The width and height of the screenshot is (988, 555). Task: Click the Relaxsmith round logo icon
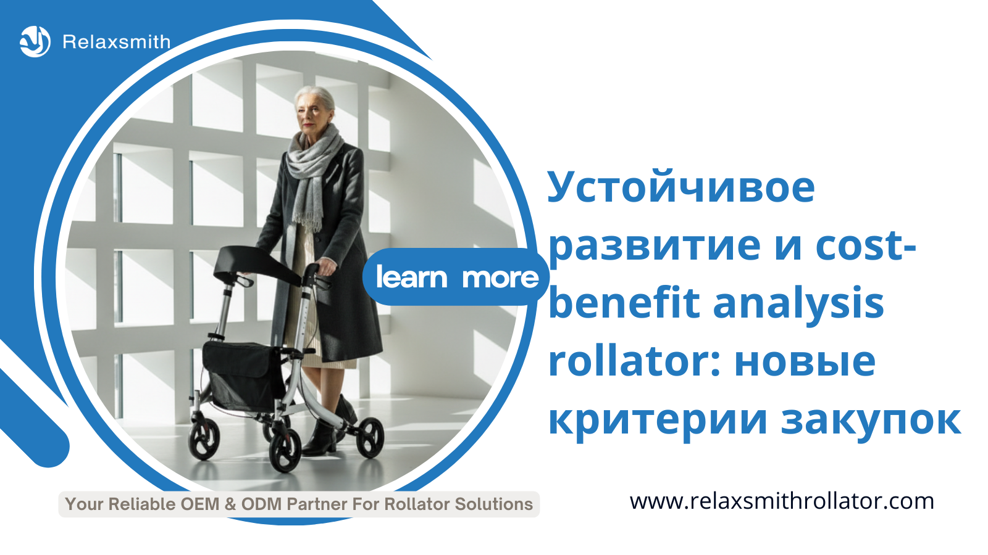[x=35, y=42]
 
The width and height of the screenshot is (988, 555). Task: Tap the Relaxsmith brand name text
[x=117, y=42]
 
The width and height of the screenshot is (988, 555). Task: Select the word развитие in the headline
[x=654, y=246]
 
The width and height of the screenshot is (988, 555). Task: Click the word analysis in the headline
[x=798, y=305]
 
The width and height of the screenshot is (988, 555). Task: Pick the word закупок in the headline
[x=871, y=419]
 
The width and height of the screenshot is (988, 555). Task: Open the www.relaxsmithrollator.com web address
[x=782, y=502]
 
